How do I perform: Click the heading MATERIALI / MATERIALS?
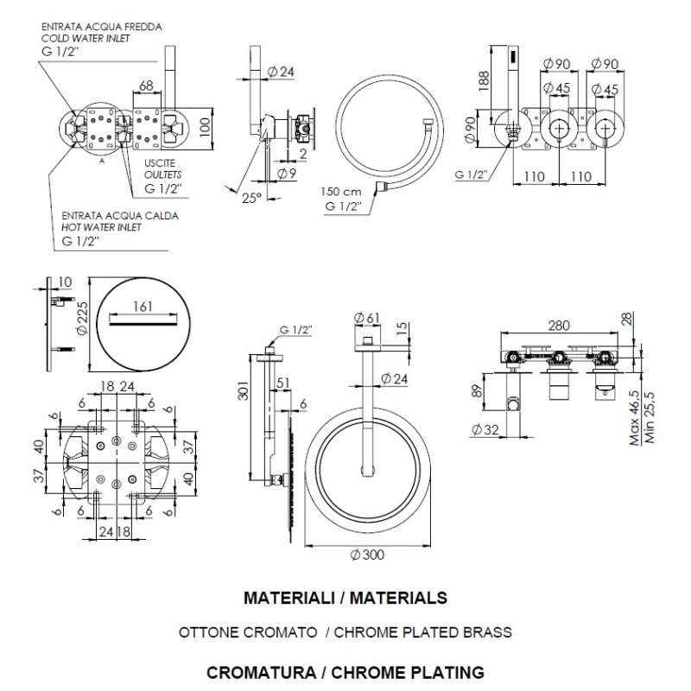point(345,598)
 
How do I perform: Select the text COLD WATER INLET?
point(86,38)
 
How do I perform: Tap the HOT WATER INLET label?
point(101,227)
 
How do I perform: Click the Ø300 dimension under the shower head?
point(367,555)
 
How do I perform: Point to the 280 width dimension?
point(559,326)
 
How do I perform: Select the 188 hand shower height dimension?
point(484,80)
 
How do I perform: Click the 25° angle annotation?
point(252,198)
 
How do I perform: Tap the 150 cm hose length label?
point(340,192)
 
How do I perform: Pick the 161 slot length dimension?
point(143,306)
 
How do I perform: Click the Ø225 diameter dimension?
point(81,318)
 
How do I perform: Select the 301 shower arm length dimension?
point(244,390)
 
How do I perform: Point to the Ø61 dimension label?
point(366,317)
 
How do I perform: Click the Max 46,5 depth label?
point(635,418)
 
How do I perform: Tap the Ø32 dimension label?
point(485,429)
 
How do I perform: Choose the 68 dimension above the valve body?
point(146,85)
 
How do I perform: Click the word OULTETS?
point(162,174)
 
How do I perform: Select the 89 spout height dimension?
point(478,390)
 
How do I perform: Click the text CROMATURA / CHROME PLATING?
point(345,673)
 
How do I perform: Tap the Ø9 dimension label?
point(287,174)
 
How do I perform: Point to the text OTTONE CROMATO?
point(248,632)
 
